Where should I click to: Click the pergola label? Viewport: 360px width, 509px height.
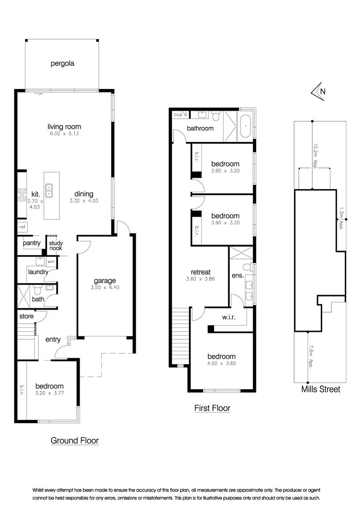click(x=63, y=63)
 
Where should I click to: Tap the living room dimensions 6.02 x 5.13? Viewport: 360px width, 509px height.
click(x=64, y=134)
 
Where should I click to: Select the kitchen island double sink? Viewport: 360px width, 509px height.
click(x=49, y=190)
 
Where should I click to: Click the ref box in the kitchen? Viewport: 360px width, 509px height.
click(x=22, y=227)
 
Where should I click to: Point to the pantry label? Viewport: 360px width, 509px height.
click(x=32, y=243)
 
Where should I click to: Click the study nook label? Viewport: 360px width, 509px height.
click(x=56, y=246)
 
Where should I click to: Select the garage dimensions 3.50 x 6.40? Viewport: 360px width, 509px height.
click(x=104, y=288)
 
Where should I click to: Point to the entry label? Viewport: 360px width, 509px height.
click(x=53, y=339)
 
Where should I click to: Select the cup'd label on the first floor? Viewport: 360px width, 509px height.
click(x=180, y=115)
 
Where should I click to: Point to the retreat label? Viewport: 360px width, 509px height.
click(x=200, y=272)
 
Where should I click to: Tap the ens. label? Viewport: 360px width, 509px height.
click(x=237, y=276)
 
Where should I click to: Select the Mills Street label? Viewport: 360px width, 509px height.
click(x=320, y=390)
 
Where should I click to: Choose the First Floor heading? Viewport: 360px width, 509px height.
click(x=212, y=408)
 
